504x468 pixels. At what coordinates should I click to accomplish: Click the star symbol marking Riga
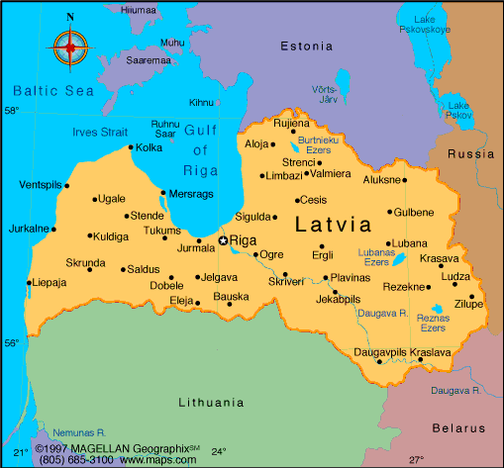[x=223, y=240]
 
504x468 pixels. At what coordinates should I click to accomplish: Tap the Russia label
[x=471, y=154]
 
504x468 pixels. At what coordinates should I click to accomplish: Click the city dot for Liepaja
[x=29, y=283]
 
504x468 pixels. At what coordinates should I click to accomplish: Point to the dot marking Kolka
[x=131, y=148]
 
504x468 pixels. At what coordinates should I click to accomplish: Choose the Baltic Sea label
[x=46, y=90]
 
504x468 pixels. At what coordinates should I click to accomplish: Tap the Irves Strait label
[x=98, y=131]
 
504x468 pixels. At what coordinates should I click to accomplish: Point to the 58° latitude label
[x=11, y=111]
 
